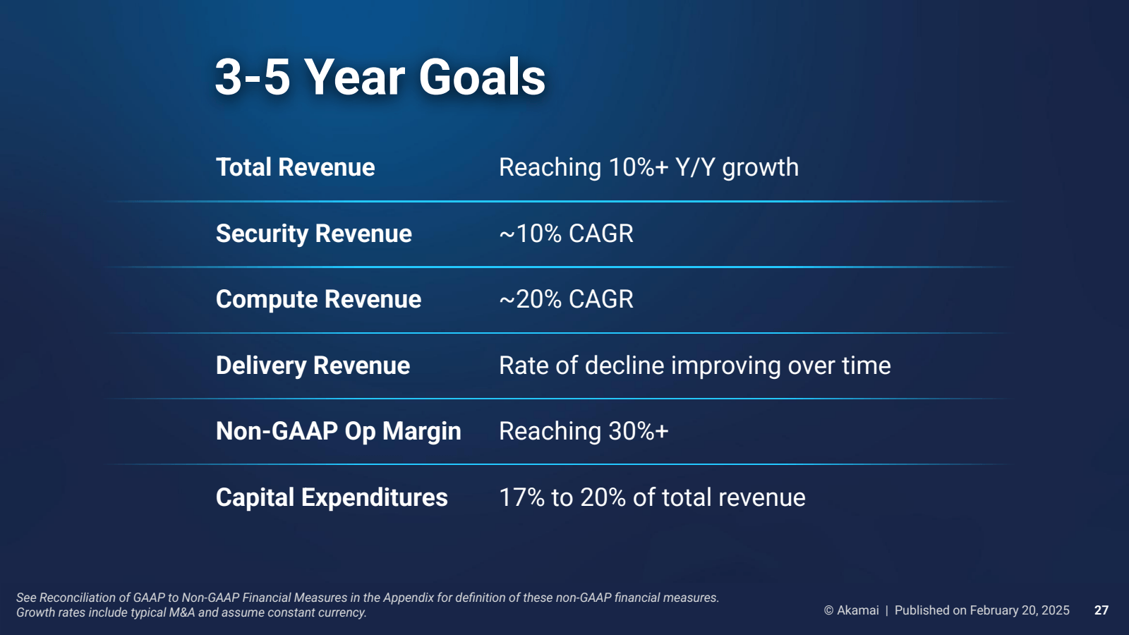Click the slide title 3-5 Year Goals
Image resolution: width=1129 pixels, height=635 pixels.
coord(380,77)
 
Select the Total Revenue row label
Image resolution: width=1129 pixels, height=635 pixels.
coord(295,168)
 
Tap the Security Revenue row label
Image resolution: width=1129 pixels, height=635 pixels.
coord(313,234)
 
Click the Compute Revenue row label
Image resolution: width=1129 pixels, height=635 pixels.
coord(318,299)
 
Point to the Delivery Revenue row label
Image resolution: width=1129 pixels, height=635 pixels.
coord(313,365)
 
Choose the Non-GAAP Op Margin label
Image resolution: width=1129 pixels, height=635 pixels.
coord(338,431)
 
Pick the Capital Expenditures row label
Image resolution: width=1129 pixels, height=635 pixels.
coord(332,497)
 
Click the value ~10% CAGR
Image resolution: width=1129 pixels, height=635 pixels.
coord(566,234)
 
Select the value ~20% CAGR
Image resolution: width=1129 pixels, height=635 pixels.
coord(566,299)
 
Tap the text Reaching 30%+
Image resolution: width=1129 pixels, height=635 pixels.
coord(583,431)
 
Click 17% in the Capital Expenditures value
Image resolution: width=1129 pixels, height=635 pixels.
coord(521,497)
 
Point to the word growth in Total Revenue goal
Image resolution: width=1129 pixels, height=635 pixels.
coord(760,168)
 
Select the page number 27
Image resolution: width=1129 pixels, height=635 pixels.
coord(1101,610)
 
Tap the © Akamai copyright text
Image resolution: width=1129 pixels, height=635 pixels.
coord(851,610)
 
